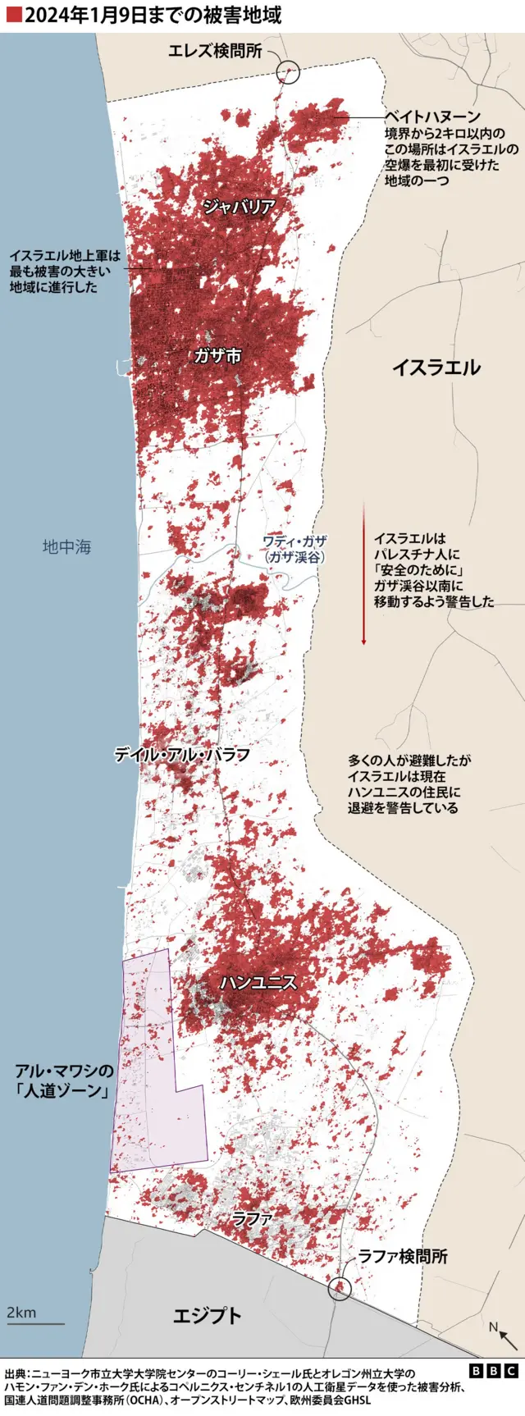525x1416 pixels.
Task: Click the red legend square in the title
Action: click(13, 14)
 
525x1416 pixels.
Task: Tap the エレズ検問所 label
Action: click(215, 52)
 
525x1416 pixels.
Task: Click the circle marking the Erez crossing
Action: click(288, 72)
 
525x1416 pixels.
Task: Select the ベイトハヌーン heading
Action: click(432, 117)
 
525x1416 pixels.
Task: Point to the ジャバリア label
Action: click(238, 207)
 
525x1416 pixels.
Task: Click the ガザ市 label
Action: click(217, 356)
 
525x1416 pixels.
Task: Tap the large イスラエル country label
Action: click(436, 368)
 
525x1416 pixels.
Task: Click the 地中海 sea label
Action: click(66, 546)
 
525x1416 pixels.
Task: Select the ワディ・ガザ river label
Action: click(294, 549)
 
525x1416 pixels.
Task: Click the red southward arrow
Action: click(363, 574)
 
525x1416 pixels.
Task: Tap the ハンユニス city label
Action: click(258, 982)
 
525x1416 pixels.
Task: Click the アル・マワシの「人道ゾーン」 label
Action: click(63, 1081)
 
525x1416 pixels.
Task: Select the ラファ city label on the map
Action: click(252, 1219)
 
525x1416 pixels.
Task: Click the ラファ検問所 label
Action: click(403, 1256)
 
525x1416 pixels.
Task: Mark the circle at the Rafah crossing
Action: click(338, 1290)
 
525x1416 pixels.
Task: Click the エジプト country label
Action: click(208, 1316)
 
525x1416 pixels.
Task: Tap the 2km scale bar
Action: click(35, 1322)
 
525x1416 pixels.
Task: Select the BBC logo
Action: click(494, 1371)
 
